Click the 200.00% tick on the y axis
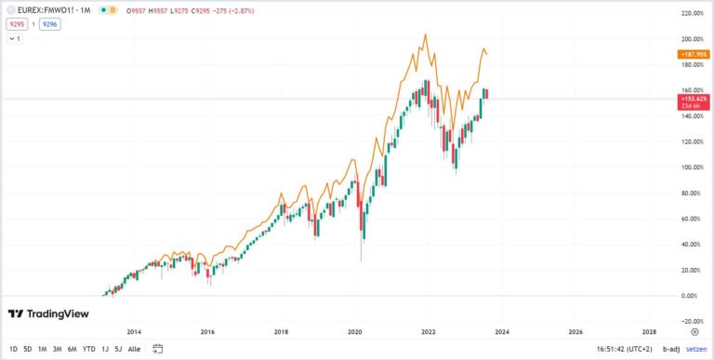(691, 39)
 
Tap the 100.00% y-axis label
(691, 167)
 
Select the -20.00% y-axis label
(691, 321)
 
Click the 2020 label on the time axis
(354, 331)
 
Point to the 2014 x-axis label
(134, 331)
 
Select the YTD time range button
(88, 349)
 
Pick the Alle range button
(134, 349)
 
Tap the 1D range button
(13, 349)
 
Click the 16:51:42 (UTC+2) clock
(623, 349)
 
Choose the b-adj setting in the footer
(669, 349)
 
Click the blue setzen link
(697, 349)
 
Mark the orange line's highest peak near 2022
(426, 34)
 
